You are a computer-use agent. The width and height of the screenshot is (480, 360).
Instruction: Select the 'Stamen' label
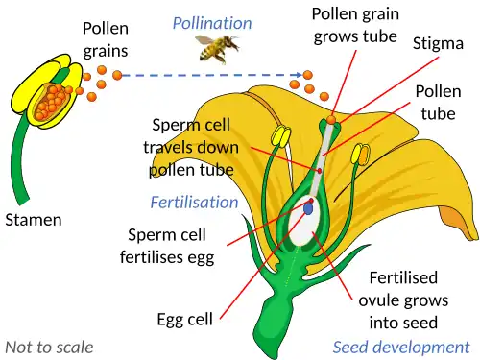coord(33,220)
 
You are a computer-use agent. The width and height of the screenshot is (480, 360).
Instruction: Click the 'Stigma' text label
coord(439,43)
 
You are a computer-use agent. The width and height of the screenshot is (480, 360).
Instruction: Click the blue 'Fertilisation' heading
coord(194,202)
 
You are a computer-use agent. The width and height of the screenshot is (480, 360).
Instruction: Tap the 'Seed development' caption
coord(402,346)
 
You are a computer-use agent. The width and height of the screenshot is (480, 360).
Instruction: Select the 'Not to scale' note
coord(48,346)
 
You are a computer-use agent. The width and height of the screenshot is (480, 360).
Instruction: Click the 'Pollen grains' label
coord(107,39)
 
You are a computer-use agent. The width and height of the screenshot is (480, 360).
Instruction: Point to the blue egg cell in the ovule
coord(309,206)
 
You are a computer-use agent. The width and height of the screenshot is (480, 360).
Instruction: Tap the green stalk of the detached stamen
coord(21,163)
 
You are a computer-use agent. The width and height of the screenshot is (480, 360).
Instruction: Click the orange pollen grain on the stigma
coord(331,119)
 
